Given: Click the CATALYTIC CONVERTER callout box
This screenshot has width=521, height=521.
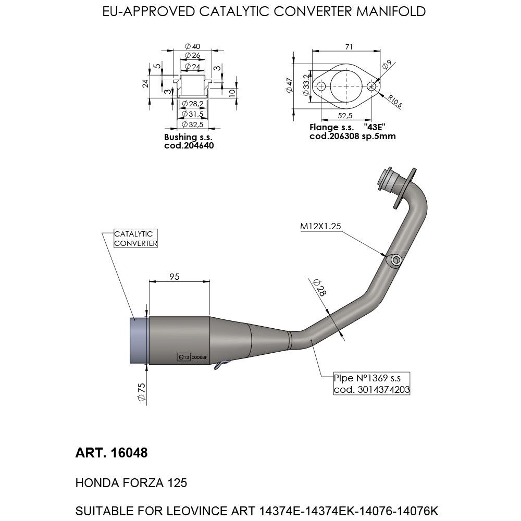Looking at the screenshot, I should click(x=135, y=239).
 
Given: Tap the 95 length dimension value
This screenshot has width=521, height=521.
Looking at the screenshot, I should click(x=174, y=277).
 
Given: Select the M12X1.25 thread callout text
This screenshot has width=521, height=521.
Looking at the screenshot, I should click(x=320, y=227).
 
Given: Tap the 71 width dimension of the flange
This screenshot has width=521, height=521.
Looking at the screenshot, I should click(x=349, y=47).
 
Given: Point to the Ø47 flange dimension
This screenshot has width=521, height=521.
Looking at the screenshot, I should click(x=290, y=85).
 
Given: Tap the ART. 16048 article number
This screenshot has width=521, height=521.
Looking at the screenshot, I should click(x=111, y=453).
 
